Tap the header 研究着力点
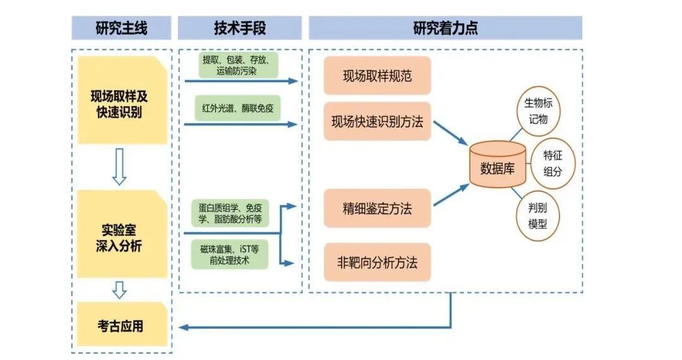click(445, 28)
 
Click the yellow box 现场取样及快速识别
click(120, 103)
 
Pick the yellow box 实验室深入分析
click(120, 237)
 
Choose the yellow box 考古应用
click(120, 326)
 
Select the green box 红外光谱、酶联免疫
click(238, 108)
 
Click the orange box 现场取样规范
click(377, 76)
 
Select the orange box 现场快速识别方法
click(377, 121)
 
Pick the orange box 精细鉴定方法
click(377, 208)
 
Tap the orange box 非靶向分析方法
click(377, 261)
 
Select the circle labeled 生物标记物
click(538, 111)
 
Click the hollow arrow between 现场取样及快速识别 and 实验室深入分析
click(119, 167)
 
